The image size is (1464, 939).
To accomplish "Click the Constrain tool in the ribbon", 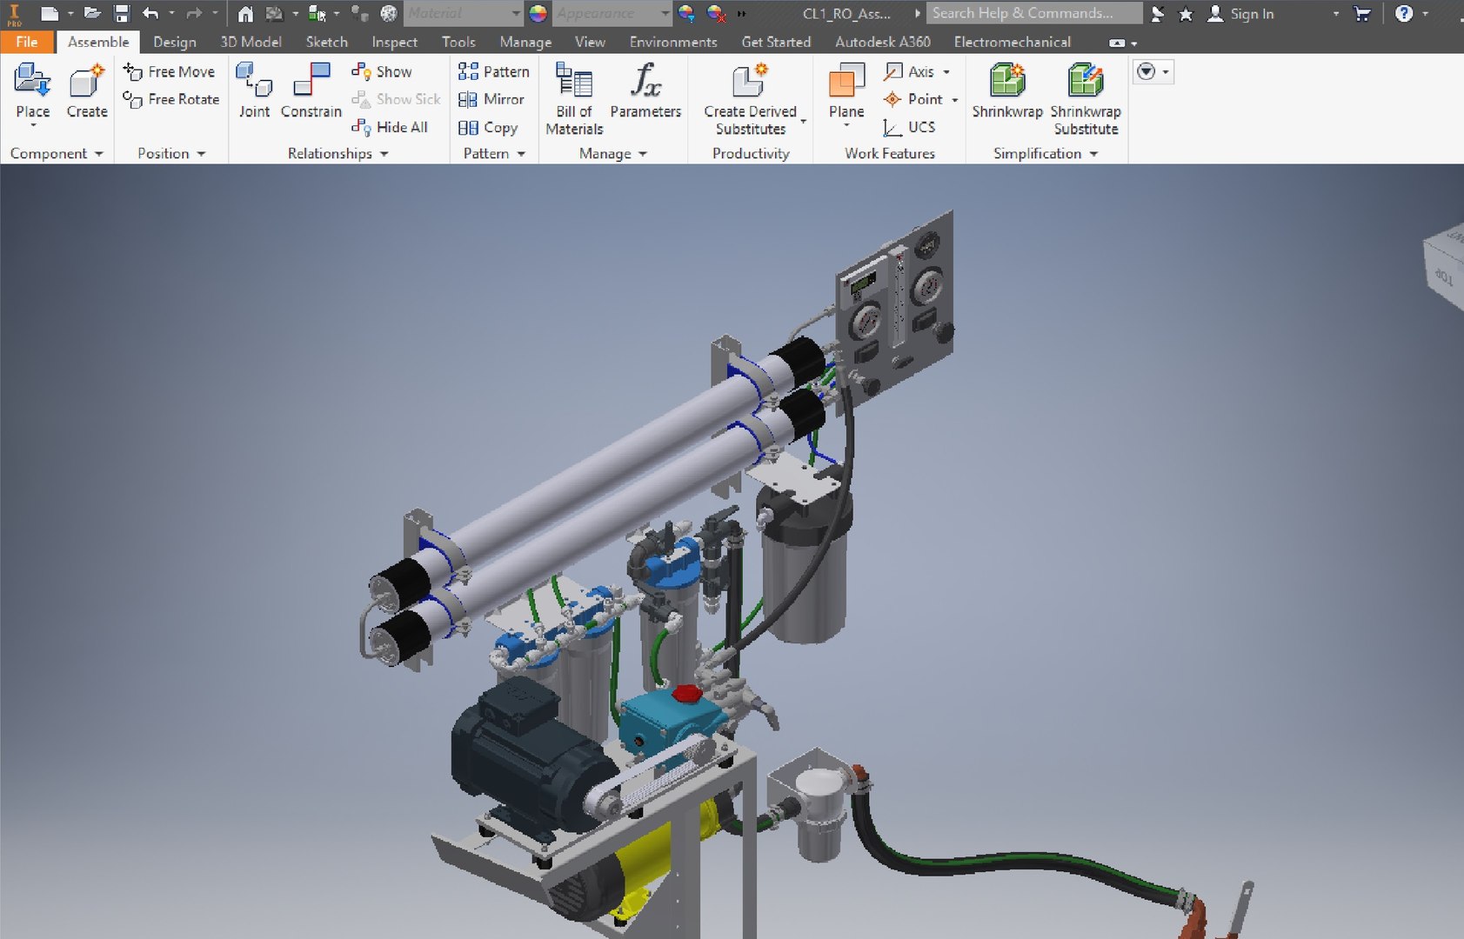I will coord(311,90).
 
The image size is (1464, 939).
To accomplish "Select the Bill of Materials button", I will coord(574,97).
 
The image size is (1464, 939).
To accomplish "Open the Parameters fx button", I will coord(645,90).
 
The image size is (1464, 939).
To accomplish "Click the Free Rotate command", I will coord(172,99).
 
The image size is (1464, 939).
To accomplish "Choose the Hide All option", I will coord(391,127).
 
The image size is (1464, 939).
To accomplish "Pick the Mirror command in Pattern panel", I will coord(492,99).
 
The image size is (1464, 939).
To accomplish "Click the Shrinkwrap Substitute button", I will coord(1085,97).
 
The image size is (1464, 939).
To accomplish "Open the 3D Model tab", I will coord(251,42).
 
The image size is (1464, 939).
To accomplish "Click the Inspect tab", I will coord(394,42).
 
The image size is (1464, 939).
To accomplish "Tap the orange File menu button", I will coord(26,42).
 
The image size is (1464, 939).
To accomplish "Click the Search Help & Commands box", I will coord(1033,13).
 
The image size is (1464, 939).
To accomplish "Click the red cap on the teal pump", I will coord(686,693).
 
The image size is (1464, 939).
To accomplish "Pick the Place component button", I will coord(32,90).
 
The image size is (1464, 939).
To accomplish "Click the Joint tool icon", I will coord(254,90).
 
